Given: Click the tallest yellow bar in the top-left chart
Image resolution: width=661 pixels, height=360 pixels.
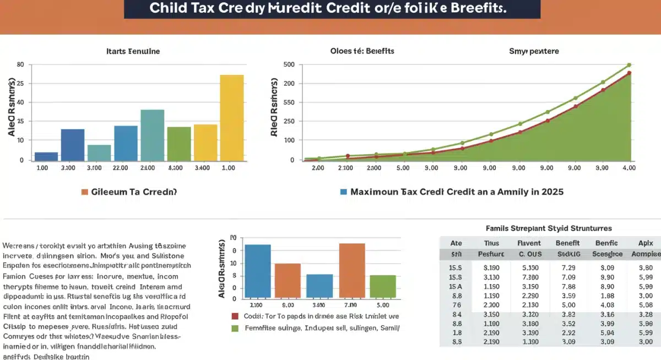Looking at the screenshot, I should tap(231, 117).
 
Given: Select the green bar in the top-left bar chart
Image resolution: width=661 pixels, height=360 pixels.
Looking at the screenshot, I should tap(178, 143).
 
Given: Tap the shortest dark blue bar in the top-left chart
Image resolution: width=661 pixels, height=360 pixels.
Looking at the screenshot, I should tap(46, 156).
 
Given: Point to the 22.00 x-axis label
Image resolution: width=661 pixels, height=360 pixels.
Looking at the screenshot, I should tap(121, 167).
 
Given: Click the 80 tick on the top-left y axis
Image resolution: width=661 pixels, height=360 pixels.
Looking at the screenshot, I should tap(20, 64).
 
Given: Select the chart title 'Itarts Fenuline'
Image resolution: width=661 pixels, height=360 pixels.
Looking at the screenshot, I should tap(133, 51).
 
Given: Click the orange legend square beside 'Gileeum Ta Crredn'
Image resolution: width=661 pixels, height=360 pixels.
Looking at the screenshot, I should tap(84, 192).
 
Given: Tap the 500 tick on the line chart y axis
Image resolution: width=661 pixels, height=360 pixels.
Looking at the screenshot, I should tap(290, 64).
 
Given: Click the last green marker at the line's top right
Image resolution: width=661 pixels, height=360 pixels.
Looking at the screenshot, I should tap(629, 66).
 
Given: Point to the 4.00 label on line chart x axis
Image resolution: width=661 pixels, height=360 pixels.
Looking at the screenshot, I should tap(629, 167).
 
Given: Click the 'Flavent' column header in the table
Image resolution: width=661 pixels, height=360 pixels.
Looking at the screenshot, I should tap(529, 243).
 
